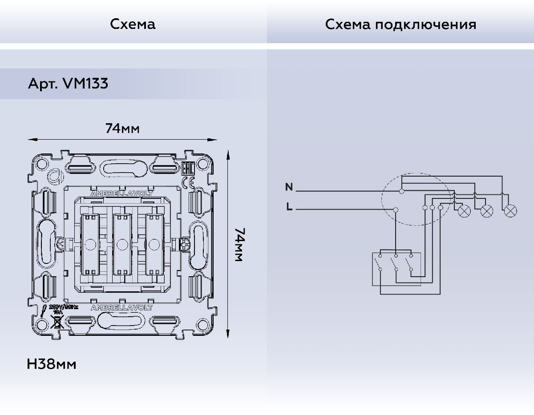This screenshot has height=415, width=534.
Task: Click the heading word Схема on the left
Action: [133, 24]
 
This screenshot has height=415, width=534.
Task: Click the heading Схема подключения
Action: [400, 24]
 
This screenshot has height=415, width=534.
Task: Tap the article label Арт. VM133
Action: [68, 84]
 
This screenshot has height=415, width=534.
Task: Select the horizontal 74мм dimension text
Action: [122, 129]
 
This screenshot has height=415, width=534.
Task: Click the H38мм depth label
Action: [52, 364]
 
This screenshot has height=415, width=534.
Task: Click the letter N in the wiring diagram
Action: [289, 187]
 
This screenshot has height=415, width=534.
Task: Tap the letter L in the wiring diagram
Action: [290, 207]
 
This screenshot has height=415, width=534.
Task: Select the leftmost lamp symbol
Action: [464, 211]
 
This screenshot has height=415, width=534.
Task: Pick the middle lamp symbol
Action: [486, 211]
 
